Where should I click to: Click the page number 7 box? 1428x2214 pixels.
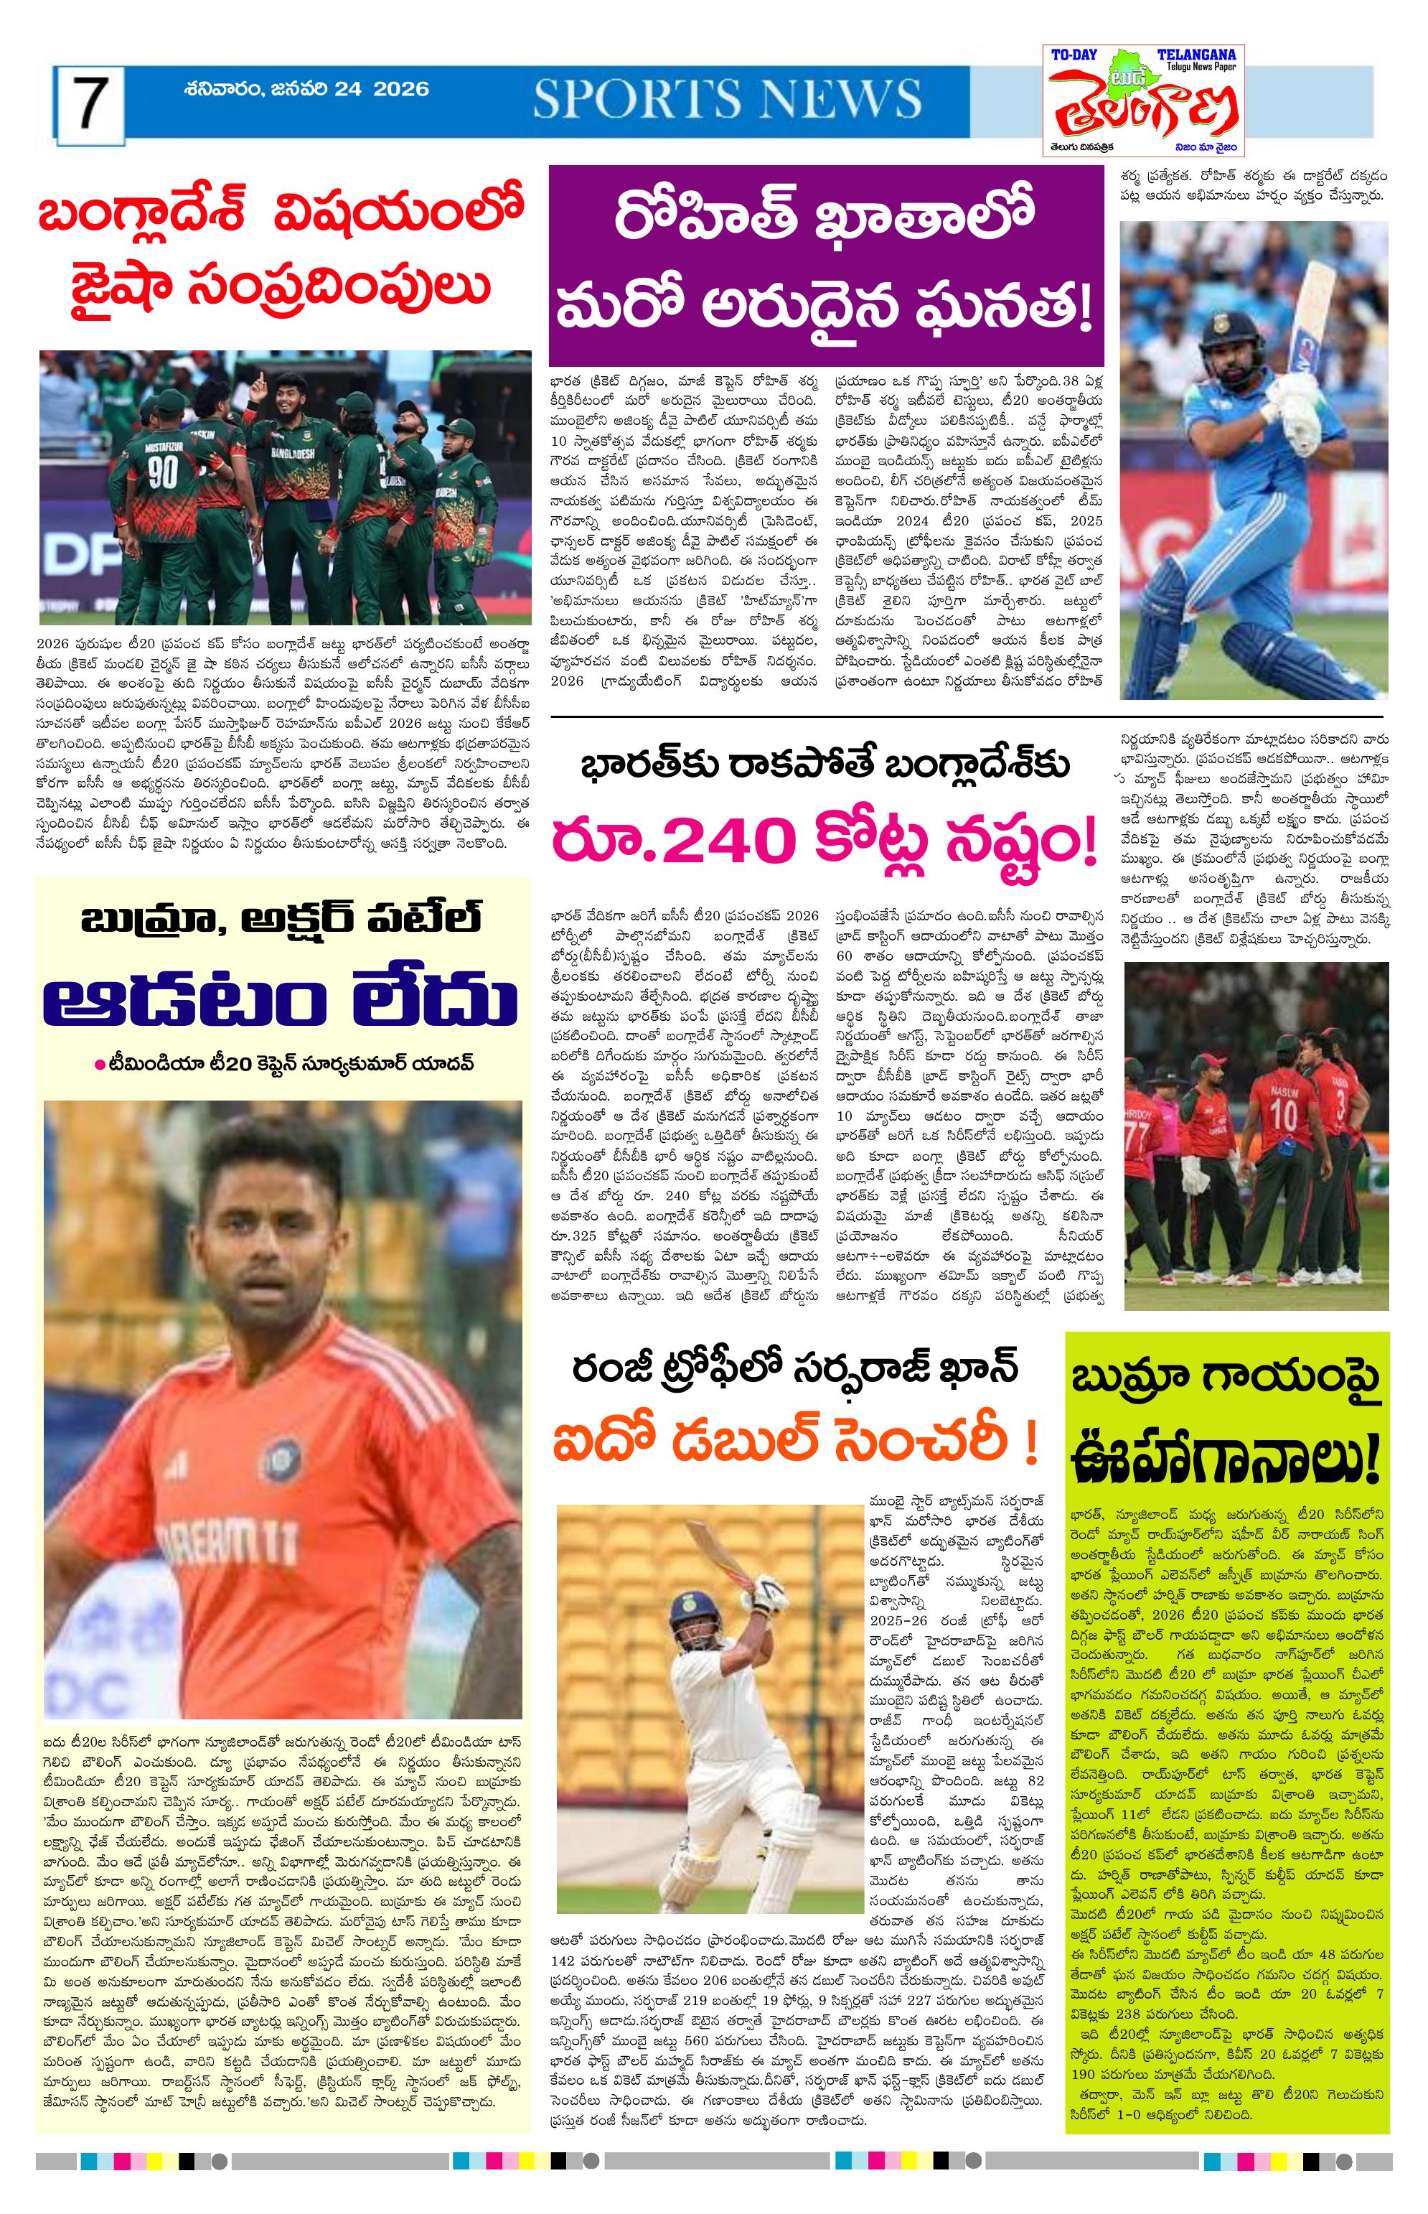pos(89,106)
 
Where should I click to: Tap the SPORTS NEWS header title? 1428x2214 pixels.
pos(726,98)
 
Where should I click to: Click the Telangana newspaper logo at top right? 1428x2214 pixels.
pos(1142,101)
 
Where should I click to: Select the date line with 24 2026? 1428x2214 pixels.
pos(306,89)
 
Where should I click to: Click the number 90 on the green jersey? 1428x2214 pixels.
pos(163,472)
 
